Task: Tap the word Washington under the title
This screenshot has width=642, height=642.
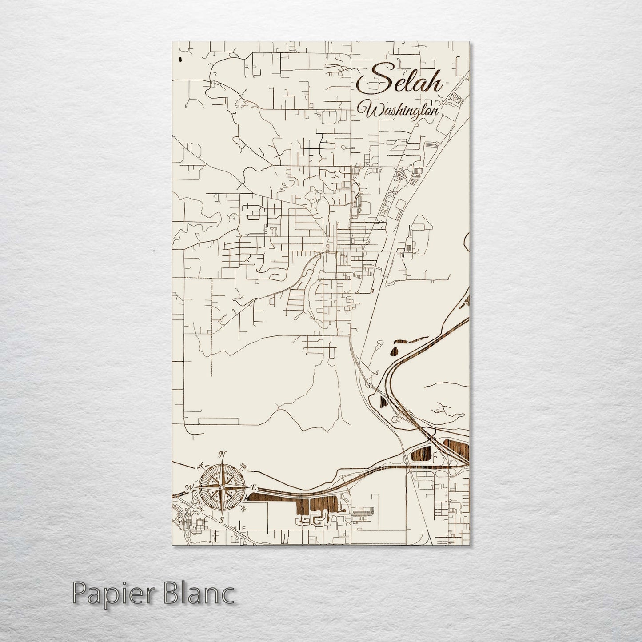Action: coord(403,112)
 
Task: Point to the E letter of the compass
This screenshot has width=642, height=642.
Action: coord(254,487)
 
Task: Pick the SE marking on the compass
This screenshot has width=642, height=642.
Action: coord(243,510)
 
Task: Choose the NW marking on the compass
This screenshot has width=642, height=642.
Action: coord(200,466)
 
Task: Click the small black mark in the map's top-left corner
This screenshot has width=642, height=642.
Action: coord(180,59)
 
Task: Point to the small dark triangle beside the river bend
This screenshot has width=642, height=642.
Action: coord(383,401)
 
